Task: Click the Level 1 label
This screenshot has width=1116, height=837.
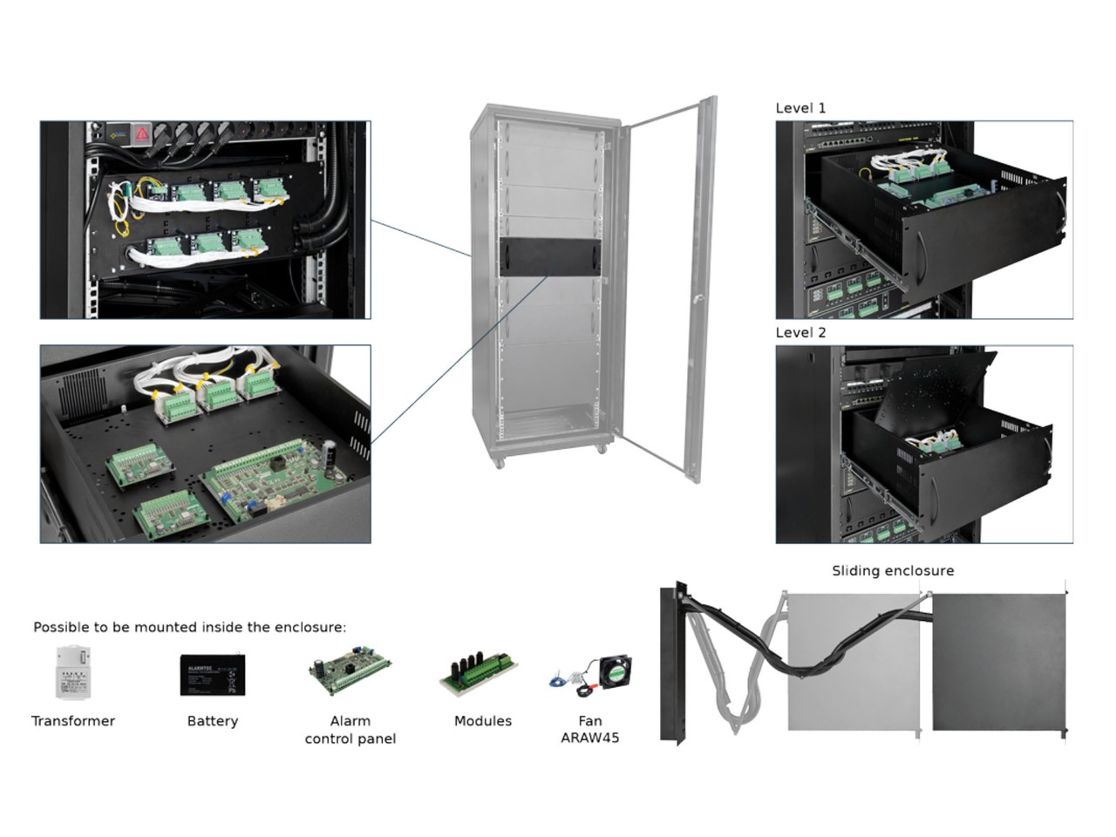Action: pos(800,108)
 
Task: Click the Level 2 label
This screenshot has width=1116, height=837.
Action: pos(800,332)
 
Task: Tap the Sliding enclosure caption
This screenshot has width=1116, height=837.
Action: pos(892,571)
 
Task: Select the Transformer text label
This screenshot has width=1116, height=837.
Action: pos(73,721)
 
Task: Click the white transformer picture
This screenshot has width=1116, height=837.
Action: pos(72,671)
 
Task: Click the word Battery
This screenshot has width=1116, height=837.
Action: pos(212,721)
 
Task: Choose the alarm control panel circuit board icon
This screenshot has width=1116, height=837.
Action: pos(349,673)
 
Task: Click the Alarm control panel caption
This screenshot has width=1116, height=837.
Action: pos(350,730)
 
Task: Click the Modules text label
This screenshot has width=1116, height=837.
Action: pos(482,721)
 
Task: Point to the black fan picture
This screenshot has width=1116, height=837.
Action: pos(614,673)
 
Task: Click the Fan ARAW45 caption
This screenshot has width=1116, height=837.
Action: pos(589,729)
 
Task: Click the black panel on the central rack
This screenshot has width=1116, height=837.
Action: pos(551,257)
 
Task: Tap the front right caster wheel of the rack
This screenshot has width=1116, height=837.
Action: pos(601,449)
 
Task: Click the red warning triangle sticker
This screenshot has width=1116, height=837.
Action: pos(141,134)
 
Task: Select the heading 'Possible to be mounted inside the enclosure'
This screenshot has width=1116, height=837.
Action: pos(189,627)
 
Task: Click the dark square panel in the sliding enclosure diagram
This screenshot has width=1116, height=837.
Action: pos(998,663)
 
